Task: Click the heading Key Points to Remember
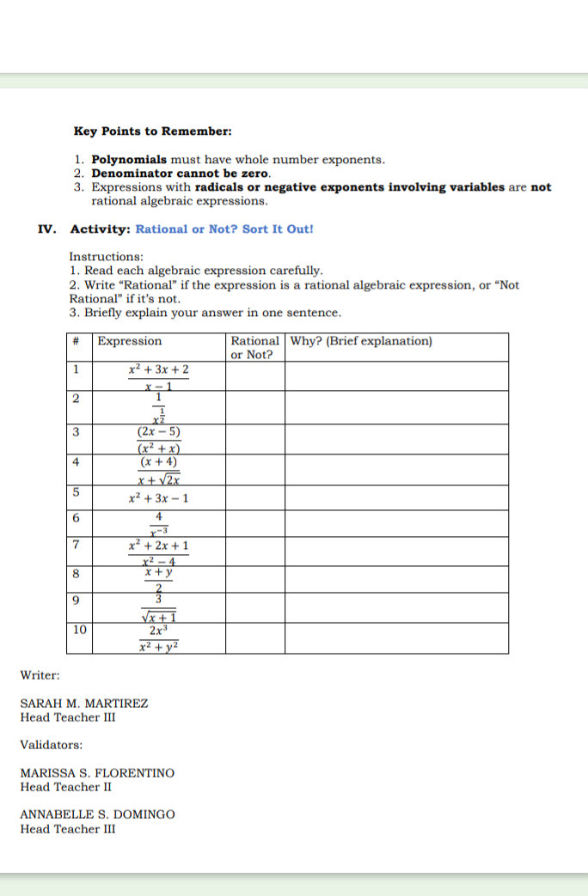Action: [152, 131]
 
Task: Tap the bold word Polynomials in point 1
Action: [130, 160]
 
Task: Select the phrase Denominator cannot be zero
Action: [181, 174]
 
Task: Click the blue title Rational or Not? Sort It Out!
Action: [224, 229]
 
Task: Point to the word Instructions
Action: [106, 257]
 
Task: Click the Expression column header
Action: [129, 341]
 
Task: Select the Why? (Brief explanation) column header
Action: [361, 341]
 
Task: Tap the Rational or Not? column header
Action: [255, 347]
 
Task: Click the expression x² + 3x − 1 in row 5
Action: [159, 498]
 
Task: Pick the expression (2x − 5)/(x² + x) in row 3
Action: [158, 439]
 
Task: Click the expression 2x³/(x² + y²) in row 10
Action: [158, 637]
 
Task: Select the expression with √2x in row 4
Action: [158, 470]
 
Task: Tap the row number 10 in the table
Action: [79, 630]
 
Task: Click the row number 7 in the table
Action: [77, 545]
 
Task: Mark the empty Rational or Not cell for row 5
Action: [255, 498]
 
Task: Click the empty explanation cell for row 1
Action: [396, 376]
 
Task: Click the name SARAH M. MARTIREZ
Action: [84, 703]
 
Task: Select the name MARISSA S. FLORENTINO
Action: [97, 773]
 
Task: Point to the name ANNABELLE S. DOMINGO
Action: [97, 814]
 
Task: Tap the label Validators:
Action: [52, 745]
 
